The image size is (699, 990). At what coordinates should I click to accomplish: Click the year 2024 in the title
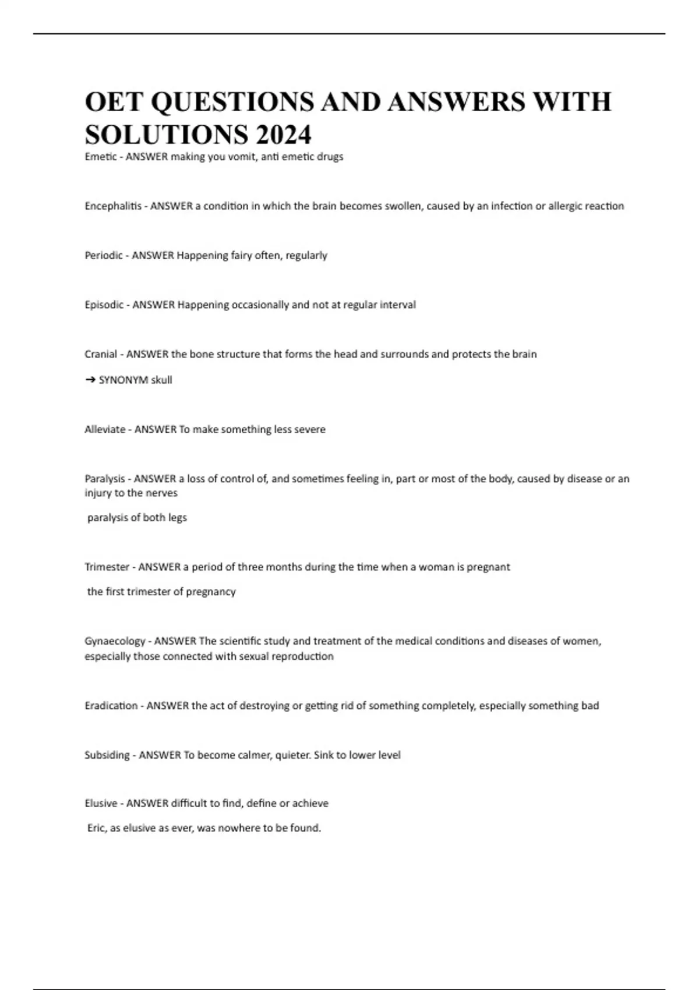(283, 135)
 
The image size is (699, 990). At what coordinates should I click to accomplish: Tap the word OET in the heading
(114, 102)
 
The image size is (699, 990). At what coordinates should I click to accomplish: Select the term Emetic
(100, 157)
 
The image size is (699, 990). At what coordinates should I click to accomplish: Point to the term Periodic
(104, 255)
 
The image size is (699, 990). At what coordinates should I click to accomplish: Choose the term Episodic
(104, 305)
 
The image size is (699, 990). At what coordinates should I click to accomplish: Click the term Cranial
(101, 354)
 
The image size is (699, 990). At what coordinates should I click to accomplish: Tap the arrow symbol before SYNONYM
(90, 380)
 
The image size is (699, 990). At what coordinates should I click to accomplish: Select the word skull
(161, 380)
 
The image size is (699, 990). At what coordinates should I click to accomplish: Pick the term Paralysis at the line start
(105, 479)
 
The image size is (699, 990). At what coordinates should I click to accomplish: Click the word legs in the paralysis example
(177, 518)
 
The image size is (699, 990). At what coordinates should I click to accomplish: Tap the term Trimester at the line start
(107, 567)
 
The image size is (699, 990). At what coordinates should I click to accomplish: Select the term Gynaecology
(115, 641)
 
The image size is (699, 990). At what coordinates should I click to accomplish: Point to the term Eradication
(111, 706)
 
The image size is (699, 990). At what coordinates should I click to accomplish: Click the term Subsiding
(107, 755)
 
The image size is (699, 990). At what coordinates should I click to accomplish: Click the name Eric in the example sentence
(96, 828)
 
